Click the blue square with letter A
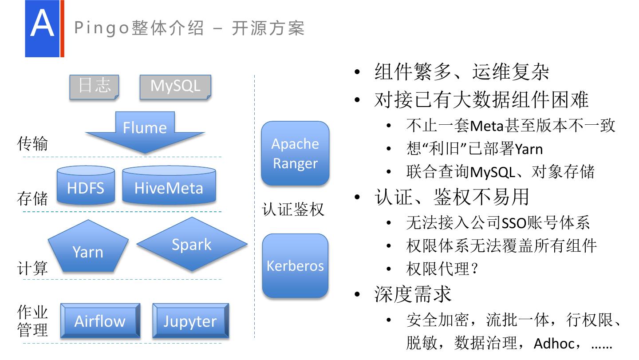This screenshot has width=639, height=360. coord(42,28)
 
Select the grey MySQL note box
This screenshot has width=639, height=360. coord(175,87)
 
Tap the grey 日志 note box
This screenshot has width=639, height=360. coord(94,87)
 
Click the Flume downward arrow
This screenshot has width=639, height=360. coord(145,131)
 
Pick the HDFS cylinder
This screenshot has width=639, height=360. coord(86,186)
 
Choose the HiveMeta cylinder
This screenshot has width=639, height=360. coord(169,186)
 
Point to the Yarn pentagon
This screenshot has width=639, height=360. coord(88,249)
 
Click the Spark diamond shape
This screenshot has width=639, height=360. coord(192,245)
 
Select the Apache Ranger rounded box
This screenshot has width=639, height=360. coord(295,153)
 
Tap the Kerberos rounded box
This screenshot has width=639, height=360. coord(295,265)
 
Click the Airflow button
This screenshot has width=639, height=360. coord(100,321)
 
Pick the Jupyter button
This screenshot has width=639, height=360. coord(190,321)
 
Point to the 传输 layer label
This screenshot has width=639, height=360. coord(32,144)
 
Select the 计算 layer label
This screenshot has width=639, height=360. coord(32,268)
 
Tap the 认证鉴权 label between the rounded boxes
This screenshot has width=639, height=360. coord(293,209)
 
